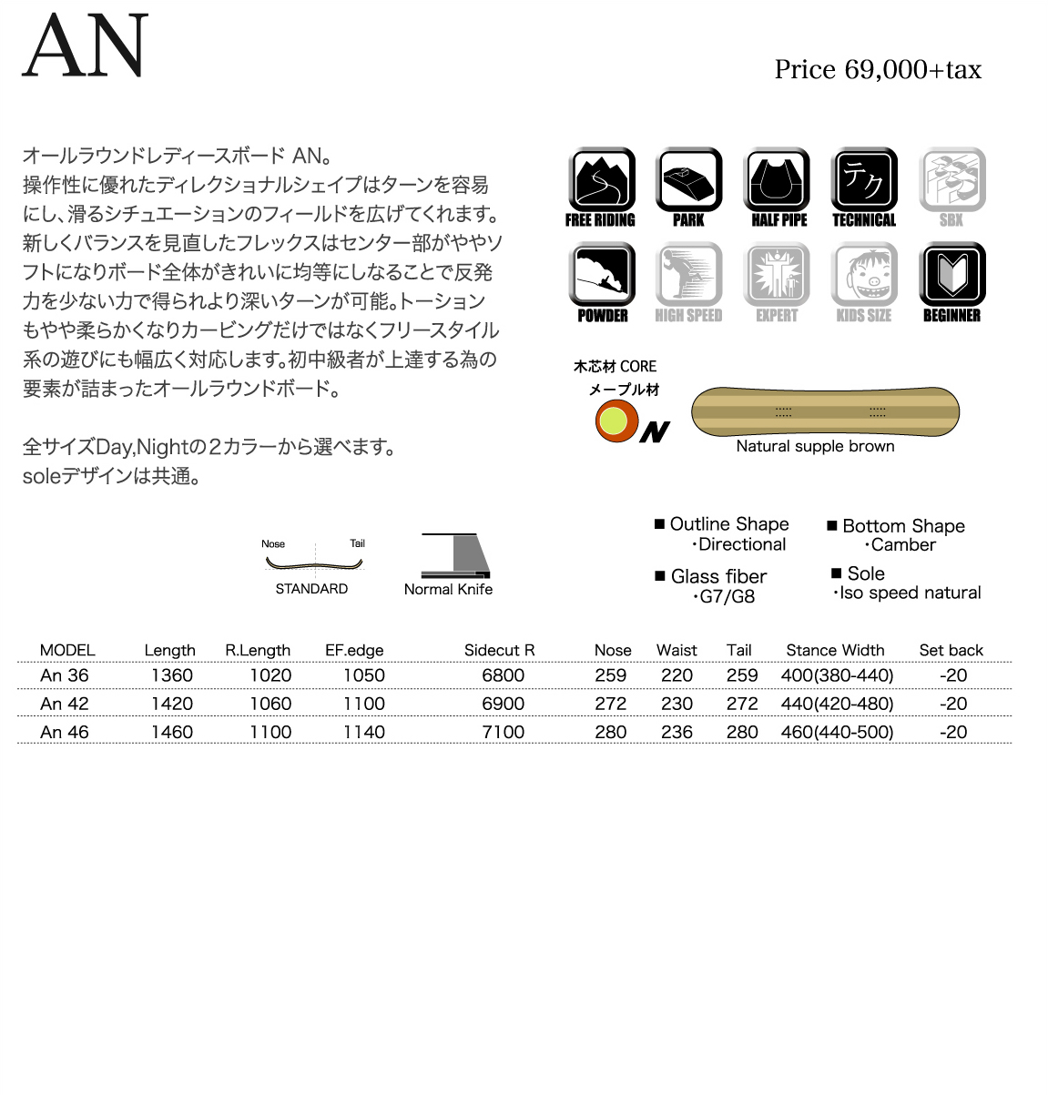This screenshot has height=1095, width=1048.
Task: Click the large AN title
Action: click(85, 46)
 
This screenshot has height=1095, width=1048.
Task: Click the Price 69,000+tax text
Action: click(878, 70)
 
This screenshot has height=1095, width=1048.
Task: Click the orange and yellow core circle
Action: click(616, 421)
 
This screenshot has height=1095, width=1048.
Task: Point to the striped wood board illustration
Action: click(825, 411)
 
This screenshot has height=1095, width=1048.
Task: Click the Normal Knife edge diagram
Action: click(455, 555)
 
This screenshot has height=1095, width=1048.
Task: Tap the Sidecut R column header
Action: click(499, 650)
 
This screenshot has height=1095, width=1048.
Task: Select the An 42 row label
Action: click(65, 704)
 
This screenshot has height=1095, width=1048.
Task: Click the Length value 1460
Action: click(172, 732)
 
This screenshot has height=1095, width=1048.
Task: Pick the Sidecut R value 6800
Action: click(503, 675)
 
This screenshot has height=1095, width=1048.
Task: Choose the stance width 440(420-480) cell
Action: click(837, 704)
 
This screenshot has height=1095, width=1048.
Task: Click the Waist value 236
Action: click(677, 732)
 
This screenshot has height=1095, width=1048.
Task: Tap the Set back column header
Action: click(951, 650)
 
